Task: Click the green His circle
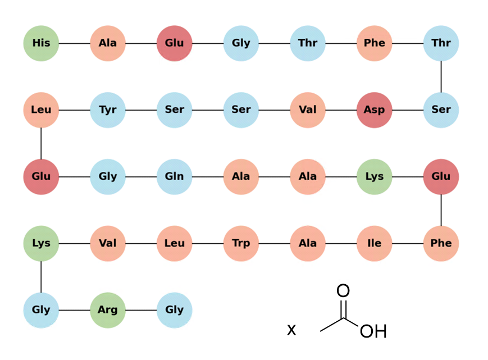[41, 43]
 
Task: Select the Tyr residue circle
[108, 110]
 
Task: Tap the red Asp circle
[374, 110]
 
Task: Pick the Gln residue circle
[174, 177]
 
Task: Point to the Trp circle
[241, 243]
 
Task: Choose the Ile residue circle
[374, 243]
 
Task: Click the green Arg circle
[108, 310]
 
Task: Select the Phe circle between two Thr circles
[374, 43]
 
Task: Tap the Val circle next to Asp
[308, 110]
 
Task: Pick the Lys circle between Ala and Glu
[374, 177]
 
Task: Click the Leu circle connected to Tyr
[41, 110]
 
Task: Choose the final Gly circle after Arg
[174, 310]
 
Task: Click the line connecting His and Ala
[74, 43]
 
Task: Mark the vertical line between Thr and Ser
[441, 76]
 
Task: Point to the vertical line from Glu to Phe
[441, 210]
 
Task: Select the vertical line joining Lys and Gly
[41, 277]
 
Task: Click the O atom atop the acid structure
[343, 290]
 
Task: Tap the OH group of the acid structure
[373, 331]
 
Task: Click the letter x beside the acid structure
[291, 330]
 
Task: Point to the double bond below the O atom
[343, 309]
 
